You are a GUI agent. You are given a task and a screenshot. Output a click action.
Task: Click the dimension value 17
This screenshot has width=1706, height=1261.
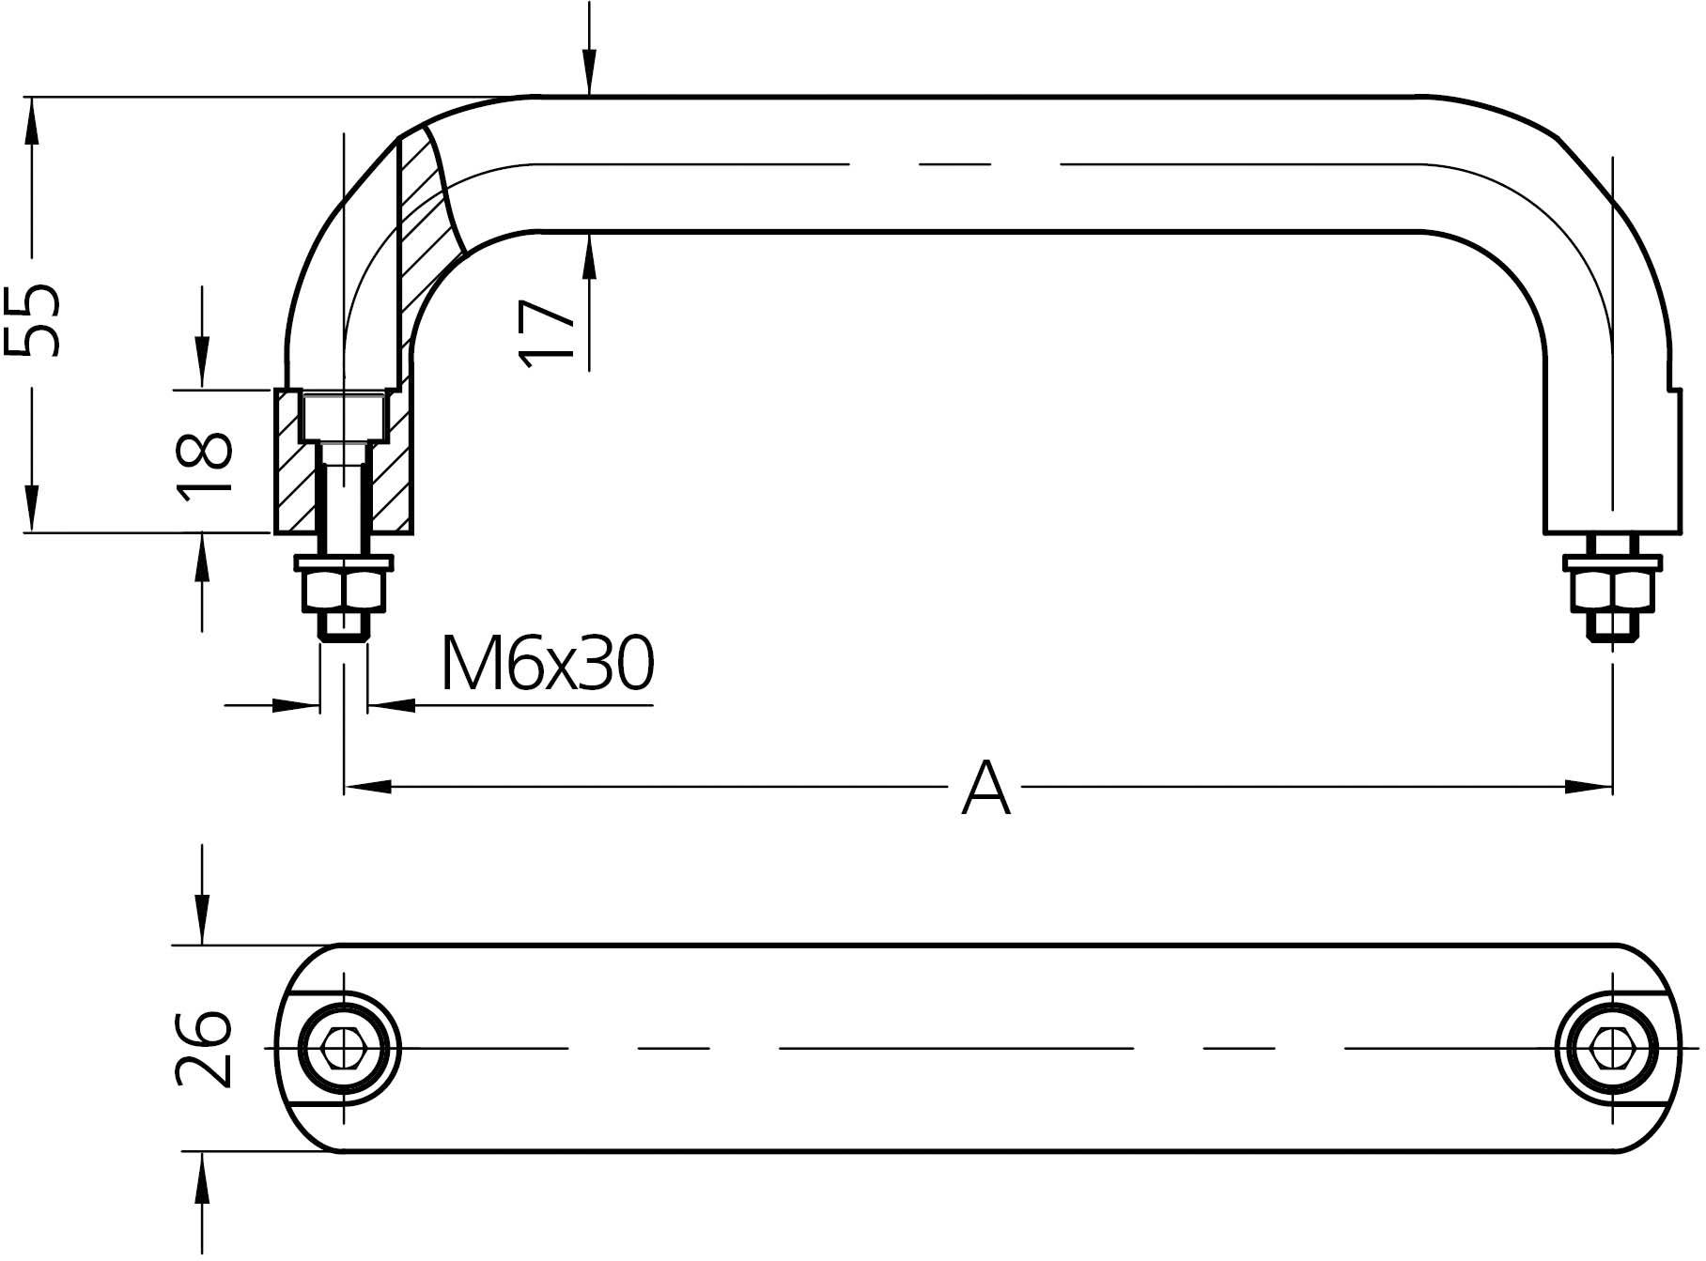pos(548,331)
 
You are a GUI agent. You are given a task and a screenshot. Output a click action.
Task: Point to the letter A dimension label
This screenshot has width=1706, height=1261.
pos(985,790)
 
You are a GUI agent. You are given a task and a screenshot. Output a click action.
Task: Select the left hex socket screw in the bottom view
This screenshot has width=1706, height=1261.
pos(344,1047)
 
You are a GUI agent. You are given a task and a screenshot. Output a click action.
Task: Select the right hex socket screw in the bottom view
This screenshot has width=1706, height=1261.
pos(1612,1047)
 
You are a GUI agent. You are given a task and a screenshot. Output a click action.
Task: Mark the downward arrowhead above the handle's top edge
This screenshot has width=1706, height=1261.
pos(589,75)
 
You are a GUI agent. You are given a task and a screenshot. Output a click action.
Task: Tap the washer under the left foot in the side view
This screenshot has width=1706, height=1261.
pos(344,563)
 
